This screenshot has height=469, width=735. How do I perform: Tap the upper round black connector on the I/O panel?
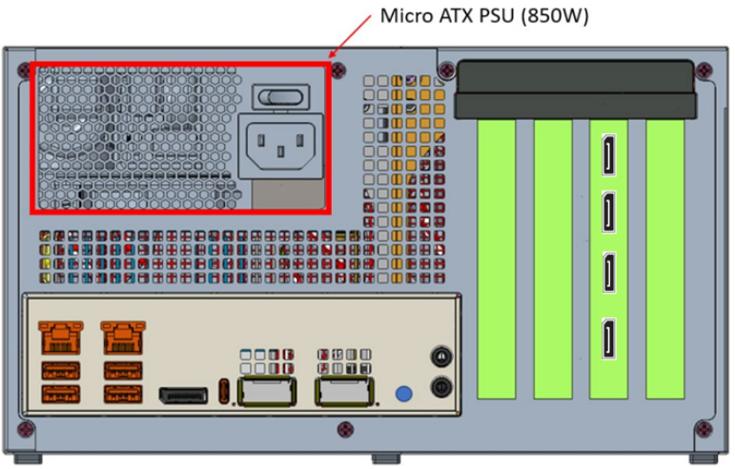click(x=440, y=355)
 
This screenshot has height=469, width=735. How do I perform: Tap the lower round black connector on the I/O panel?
click(x=440, y=387)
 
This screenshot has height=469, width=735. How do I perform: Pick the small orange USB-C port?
click(x=224, y=392)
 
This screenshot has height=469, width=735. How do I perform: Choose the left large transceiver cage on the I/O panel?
click(x=267, y=392)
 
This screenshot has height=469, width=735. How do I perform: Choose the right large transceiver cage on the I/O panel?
click(x=345, y=392)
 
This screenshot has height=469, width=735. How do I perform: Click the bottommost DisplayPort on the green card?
click(x=606, y=341)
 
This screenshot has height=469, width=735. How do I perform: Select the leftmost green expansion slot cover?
click(x=496, y=257)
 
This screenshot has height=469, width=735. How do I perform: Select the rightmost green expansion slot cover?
click(x=664, y=257)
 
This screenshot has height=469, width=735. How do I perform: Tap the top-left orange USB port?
click(x=60, y=370)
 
